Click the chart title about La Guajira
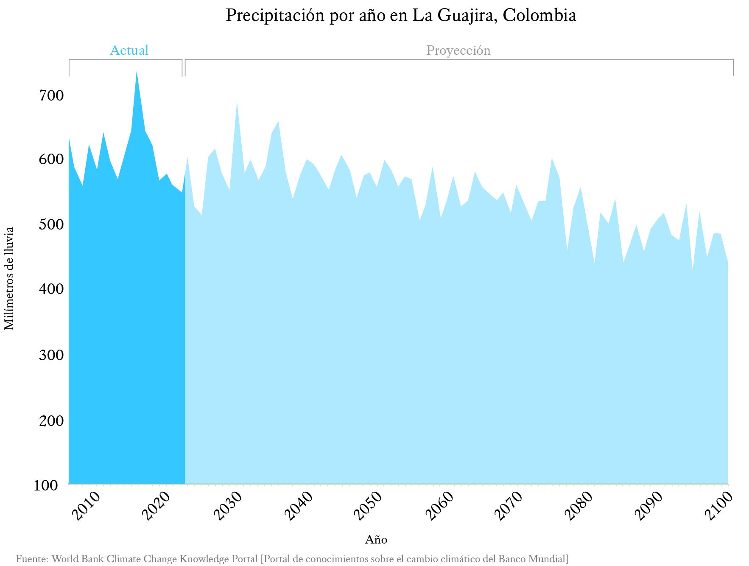click(x=400, y=16)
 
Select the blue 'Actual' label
click(x=129, y=50)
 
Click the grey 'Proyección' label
click(x=458, y=50)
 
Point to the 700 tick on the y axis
click(x=51, y=95)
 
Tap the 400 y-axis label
click(x=51, y=289)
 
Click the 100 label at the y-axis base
click(x=46, y=485)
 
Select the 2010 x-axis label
click(x=86, y=505)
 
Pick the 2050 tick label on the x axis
click(x=368, y=505)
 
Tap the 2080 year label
click(x=579, y=505)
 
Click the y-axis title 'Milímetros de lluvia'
click(x=9, y=278)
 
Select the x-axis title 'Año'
click(x=376, y=540)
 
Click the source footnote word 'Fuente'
click(x=31, y=559)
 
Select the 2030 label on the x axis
click(x=228, y=505)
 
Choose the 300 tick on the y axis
click(x=51, y=355)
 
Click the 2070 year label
click(x=509, y=505)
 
